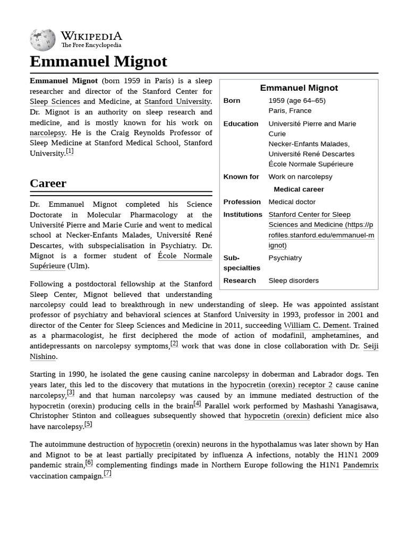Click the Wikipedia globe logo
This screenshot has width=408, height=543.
click(x=42, y=39)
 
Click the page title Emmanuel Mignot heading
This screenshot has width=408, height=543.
click(x=98, y=62)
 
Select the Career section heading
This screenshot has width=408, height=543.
click(x=48, y=183)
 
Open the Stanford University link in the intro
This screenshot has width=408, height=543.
click(x=177, y=101)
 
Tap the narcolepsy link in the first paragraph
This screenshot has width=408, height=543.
click(x=47, y=133)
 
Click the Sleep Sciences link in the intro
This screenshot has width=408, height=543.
click(x=55, y=101)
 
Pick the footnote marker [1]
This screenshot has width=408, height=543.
click(x=70, y=152)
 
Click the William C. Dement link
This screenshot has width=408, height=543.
click(x=316, y=325)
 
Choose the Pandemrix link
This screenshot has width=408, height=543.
click(x=360, y=465)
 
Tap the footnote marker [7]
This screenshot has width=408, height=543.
click(x=107, y=474)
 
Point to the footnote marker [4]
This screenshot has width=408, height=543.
click(x=197, y=404)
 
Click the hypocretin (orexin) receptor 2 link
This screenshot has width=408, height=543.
click(x=281, y=385)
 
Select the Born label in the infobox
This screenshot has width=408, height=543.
click(x=232, y=101)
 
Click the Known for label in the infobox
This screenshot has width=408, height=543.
click(x=241, y=177)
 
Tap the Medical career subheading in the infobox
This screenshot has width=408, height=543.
click(x=299, y=189)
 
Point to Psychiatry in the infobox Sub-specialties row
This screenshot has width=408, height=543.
click(x=285, y=258)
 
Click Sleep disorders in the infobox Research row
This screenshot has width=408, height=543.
click(x=293, y=281)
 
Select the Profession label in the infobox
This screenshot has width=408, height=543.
click(x=242, y=202)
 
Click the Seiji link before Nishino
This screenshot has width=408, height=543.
click(x=370, y=346)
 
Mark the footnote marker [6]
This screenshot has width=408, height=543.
click(x=89, y=462)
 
